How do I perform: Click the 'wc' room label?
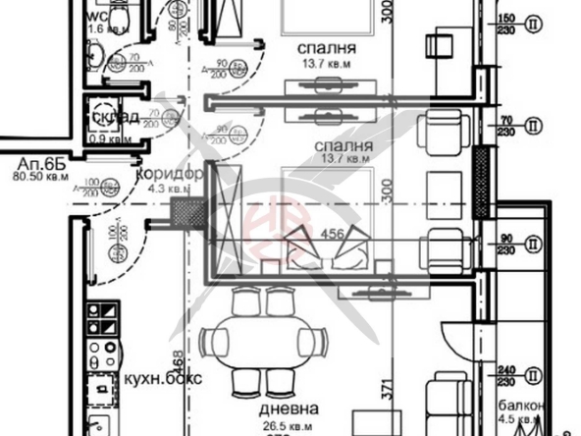click(97, 16)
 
